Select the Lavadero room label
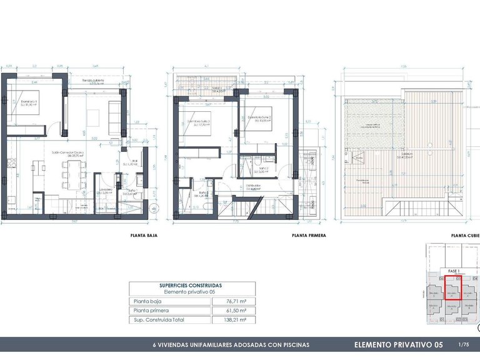106,190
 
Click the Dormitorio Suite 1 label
199,122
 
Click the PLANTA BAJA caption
143,236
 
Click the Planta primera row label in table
150,310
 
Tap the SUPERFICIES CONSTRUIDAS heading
191,285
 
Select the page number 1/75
463,344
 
